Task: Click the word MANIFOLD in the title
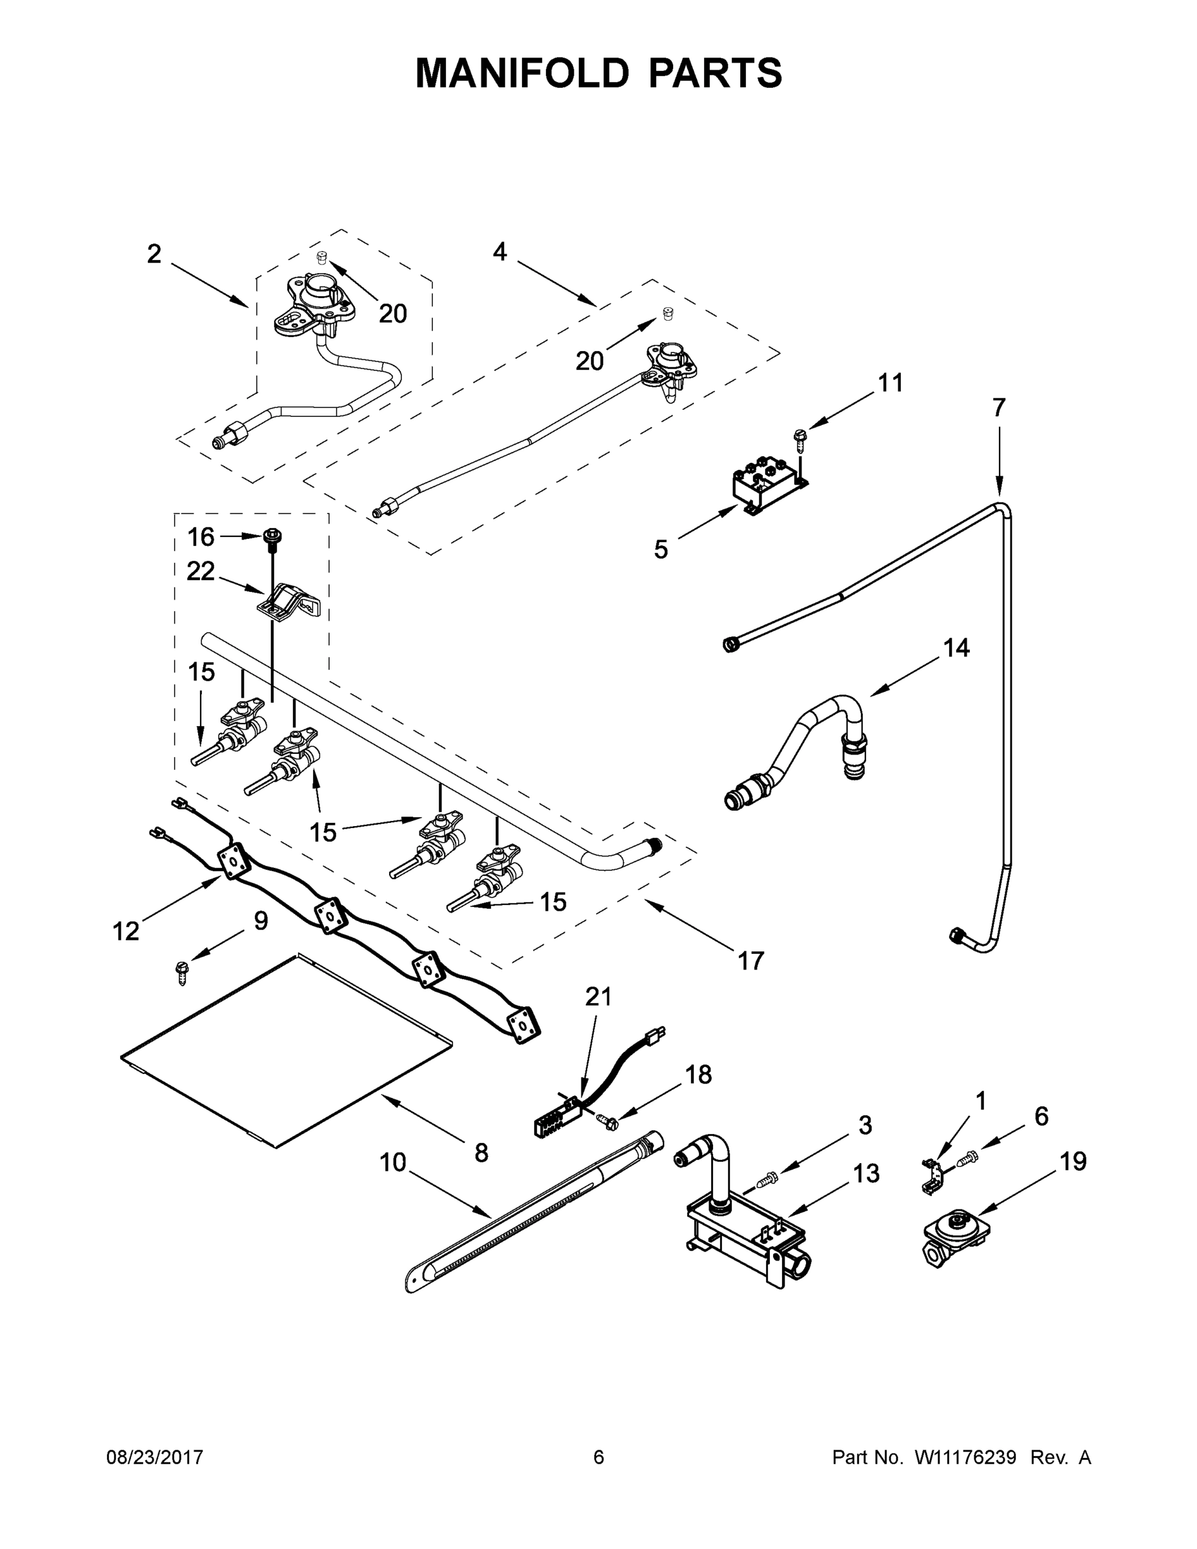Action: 522,73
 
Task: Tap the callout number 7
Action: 998,408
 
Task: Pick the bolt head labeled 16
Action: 271,538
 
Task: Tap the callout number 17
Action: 750,961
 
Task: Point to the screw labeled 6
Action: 967,1159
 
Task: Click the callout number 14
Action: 956,647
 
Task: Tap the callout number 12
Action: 126,931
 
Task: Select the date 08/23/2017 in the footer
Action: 155,1457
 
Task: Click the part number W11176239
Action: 965,1457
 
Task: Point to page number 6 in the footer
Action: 599,1457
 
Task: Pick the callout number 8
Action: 481,1153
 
